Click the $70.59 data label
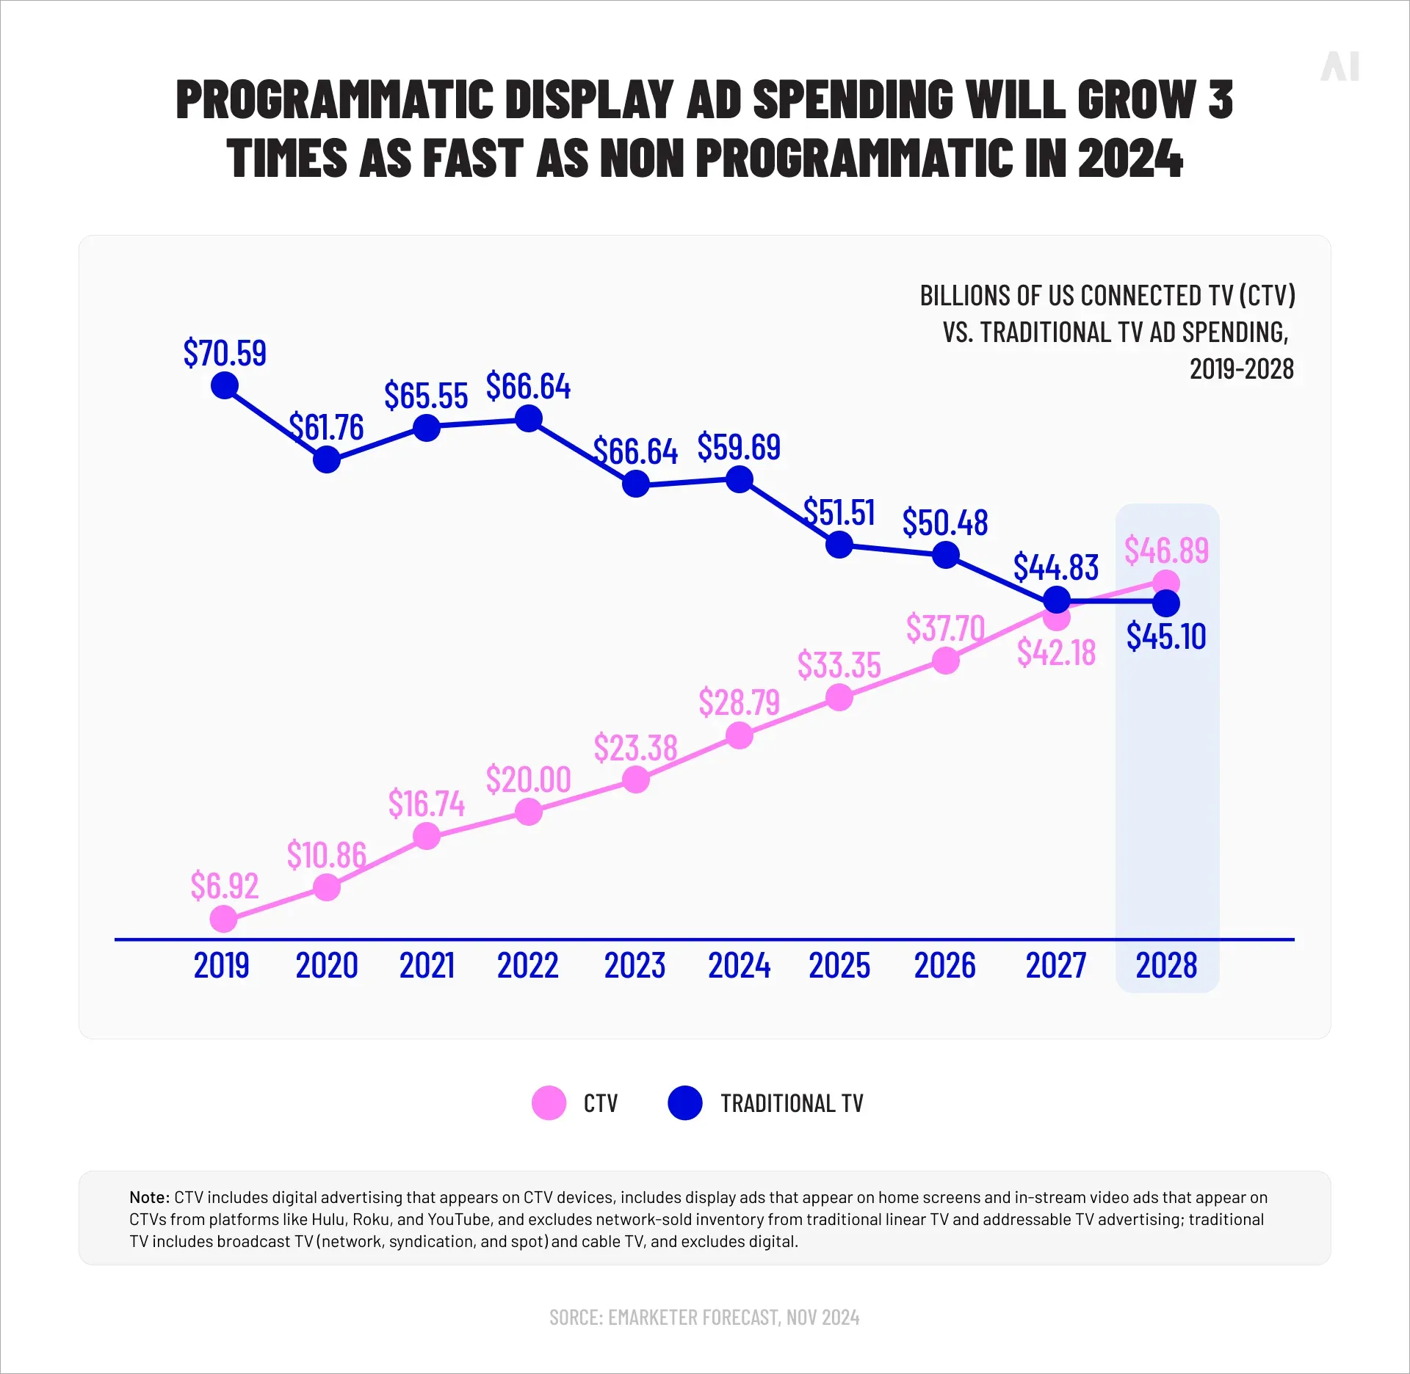(x=225, y=353)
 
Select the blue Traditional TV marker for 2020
(x=327, y=460)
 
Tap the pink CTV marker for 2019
(x=224, y=918)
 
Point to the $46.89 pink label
(x=1166, y=550)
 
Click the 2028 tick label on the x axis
(x=1166, y=965)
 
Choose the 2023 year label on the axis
(x=634, y=965)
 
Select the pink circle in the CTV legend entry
(x=549, y=1103)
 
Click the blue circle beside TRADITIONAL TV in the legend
(x=685, y=1103)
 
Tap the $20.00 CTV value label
(x=528, y=779)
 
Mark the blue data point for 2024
(x=740, y=480)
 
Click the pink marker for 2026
(x=946, y=661)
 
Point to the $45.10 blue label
(x=1166, y=636)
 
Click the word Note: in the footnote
(x=150, y=1197)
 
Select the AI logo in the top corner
(x=1340, y=67)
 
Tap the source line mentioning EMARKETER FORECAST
(x=704, y=1317)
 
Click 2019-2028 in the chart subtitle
(x=1241, y=369)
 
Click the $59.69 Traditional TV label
(x=739, y=447)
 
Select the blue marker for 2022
(x=529, y=419)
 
